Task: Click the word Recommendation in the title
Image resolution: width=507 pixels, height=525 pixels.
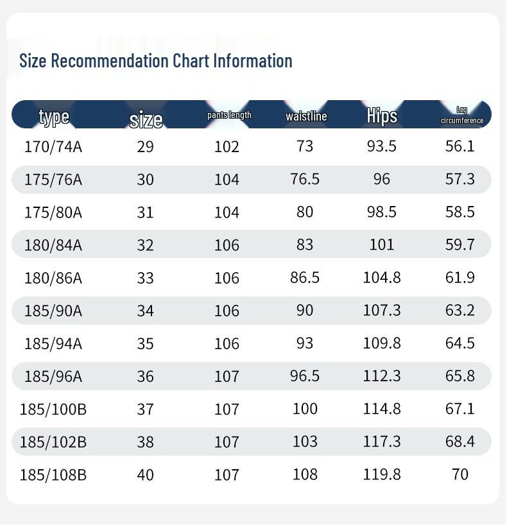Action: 110,60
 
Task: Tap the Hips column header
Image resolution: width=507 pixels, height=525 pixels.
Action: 382,116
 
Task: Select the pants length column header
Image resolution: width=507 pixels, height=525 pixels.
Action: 229,115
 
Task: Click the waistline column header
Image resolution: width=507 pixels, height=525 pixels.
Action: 306,116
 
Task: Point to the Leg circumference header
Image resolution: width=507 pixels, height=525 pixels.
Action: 462,115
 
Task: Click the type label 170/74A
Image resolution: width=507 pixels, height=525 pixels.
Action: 53,146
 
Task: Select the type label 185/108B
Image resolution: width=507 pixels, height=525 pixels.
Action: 53,475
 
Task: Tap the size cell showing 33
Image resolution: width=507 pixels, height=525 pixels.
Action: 145,278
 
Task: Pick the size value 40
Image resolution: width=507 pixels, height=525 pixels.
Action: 145,475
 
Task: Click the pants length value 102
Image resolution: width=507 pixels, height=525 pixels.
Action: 227,146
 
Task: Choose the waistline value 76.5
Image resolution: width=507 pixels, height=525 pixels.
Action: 305,179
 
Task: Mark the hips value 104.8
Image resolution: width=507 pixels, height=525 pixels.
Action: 382,277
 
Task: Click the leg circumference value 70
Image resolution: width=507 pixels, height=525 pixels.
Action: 460,474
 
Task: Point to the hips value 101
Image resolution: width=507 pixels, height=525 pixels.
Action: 382,245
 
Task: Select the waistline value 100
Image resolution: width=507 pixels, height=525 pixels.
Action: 305,408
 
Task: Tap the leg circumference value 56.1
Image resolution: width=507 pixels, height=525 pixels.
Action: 460,146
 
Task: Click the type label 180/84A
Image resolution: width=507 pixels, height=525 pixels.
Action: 53,245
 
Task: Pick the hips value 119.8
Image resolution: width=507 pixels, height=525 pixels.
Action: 382,474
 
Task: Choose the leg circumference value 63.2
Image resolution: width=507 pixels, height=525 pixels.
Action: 460,310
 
